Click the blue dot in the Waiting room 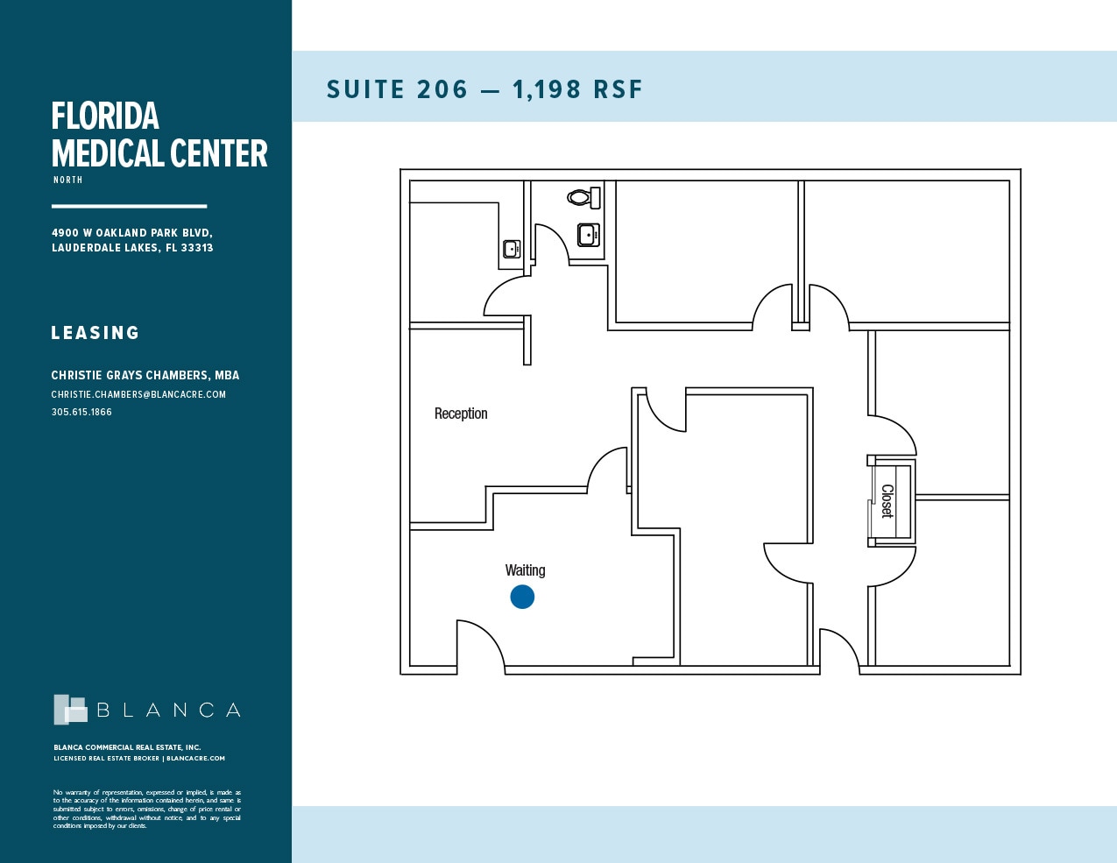tap(522, 597)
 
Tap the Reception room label tap(461, 414)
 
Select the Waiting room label tap(525, 570)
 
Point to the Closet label tap(887, 501)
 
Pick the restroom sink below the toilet tap(589, 234)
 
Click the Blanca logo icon tap(70, 710)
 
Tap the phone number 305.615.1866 tap(81, 412)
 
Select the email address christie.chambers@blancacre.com tap(138, 394)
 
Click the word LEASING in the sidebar tap(95, 333)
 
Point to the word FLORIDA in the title tap(105, 117)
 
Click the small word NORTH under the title tap(67, 180)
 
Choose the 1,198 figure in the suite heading tap(547, 89)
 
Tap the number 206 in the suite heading tap(442, 89)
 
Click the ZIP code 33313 tap(197, 248)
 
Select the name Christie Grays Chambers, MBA tap(145, 375)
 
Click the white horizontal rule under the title tap(129, 207)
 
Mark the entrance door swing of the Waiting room tap(480, 646)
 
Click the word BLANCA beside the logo tap(168, 710)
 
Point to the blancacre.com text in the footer tap(195, 759)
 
